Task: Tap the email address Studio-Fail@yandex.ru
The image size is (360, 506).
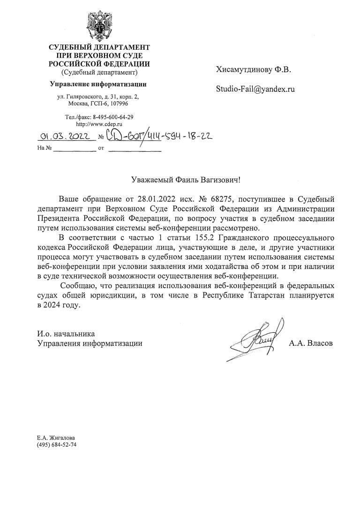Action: click(255, 89)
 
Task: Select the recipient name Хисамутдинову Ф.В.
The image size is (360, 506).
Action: click(254, 70)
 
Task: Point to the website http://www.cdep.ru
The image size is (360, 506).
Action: click(99, 124)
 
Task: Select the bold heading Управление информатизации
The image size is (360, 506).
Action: click(98, 84)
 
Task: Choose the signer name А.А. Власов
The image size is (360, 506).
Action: click(311, 343)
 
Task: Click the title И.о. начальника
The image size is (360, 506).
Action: click(66, 334)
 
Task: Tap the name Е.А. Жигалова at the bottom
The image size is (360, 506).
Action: click(56, 438)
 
